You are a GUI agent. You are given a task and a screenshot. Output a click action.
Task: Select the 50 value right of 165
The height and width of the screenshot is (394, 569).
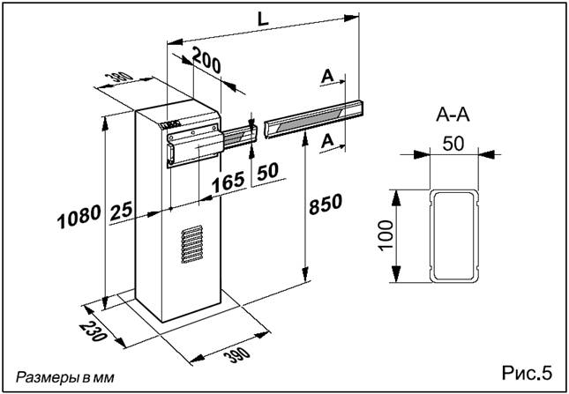point(267,173)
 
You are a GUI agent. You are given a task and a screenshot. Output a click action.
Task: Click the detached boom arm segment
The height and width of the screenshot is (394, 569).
point(313,117)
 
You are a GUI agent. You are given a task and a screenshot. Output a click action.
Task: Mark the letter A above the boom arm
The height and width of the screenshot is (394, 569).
point(327,78)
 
